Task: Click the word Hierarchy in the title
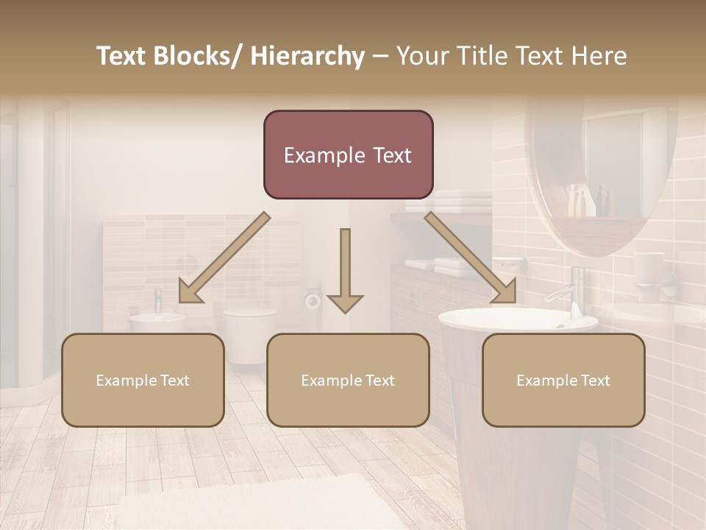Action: [307, 56]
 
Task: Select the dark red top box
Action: [348, 155]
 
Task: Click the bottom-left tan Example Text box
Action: [143, 380]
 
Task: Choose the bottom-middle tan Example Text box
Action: [348, 380]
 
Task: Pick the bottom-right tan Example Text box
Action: [563, 380]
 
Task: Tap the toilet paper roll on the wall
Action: [313, 300]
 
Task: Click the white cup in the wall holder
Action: [649, 273]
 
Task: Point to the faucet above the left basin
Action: [158, 300]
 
